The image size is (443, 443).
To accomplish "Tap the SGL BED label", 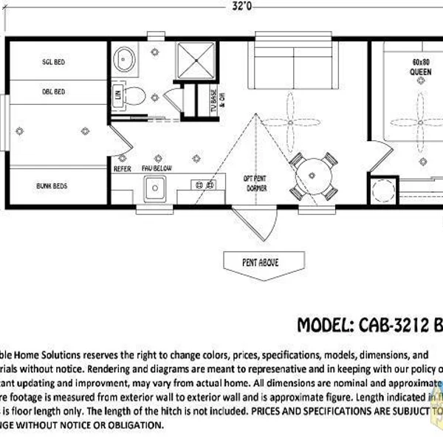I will tap(53, 63).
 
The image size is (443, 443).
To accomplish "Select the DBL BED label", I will tap(53, 92).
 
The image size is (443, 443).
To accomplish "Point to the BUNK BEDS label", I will tap(51, 186).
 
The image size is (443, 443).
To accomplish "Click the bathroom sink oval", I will tap(126, 58).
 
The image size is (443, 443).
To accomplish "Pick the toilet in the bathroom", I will tap(133, 95).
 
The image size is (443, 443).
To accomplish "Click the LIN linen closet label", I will tap(117, 95).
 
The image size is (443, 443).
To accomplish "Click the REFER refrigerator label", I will tap(122, 168).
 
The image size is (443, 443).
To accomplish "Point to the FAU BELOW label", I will tap(157, 168).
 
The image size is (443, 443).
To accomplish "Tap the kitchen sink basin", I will tap(157, 190).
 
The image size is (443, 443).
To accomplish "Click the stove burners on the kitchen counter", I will tap(202, 185).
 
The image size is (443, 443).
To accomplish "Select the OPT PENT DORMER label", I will tap(255, 183).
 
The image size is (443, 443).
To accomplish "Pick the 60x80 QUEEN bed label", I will tap(420, 67).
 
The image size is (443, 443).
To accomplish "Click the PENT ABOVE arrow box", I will tap(262, 261).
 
